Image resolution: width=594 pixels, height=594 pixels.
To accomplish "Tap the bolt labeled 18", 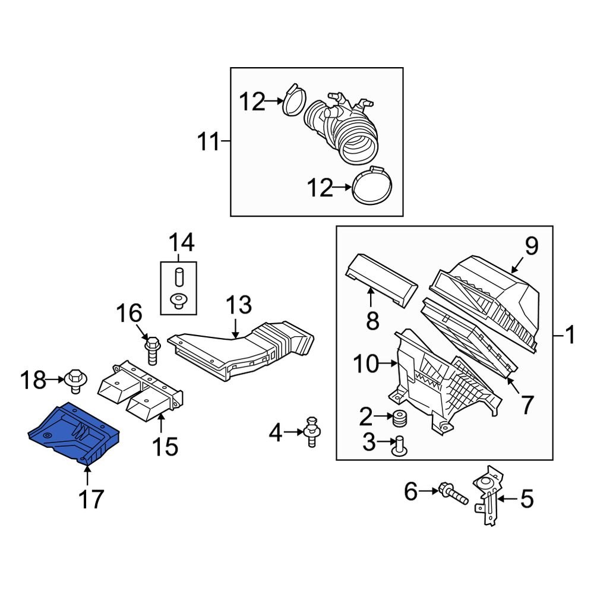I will pos(75,381).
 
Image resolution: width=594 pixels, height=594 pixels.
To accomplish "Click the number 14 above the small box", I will pos(181,242).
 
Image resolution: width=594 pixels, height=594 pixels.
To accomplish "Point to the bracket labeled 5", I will pos(487,496).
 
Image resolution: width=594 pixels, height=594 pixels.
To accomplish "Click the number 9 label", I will pos(530,246).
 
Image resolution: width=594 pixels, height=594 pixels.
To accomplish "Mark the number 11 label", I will pos(208,142).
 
